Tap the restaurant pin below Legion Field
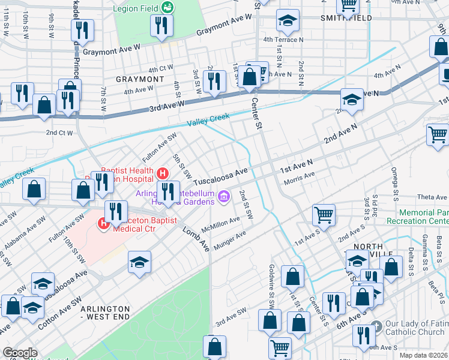(161, 26)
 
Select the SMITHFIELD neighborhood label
(346, 18)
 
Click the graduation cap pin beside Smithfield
(288, 22)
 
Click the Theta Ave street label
(433, 197)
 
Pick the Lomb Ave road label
(193, 233)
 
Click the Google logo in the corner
(20, 353)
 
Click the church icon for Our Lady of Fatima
(376, 326)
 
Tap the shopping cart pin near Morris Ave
(324, 215)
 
